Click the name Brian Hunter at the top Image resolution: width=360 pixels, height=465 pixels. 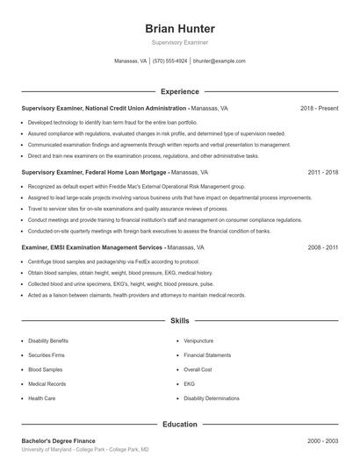(x=180, y=28)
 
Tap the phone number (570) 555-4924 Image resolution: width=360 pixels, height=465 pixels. (x=170, y=61)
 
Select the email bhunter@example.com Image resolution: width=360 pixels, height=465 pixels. (x=219, y=61)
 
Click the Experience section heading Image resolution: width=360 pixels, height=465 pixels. (x=180, y=91)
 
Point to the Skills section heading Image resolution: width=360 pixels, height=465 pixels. (x=180, y=322)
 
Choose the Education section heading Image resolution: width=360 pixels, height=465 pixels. (x=180, y=424)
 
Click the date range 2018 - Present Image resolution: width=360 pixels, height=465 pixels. (x=319, y=108)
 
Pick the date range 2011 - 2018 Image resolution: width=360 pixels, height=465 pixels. (x=324, y=173)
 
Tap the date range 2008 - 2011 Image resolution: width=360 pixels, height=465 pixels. (x=324, y=248)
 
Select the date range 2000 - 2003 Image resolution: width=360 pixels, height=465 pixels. (x=324, y=440)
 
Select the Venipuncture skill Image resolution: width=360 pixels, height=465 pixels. (x=199, y=340)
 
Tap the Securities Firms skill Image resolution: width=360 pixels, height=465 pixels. (x=47, y=354)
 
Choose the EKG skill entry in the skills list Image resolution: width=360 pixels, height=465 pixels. (x=189, y=383)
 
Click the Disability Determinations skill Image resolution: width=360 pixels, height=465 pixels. (x=212, y=397)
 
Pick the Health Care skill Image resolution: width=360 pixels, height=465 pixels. (x=42, y=397)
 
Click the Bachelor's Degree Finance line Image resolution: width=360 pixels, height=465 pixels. (x=59, y=440)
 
